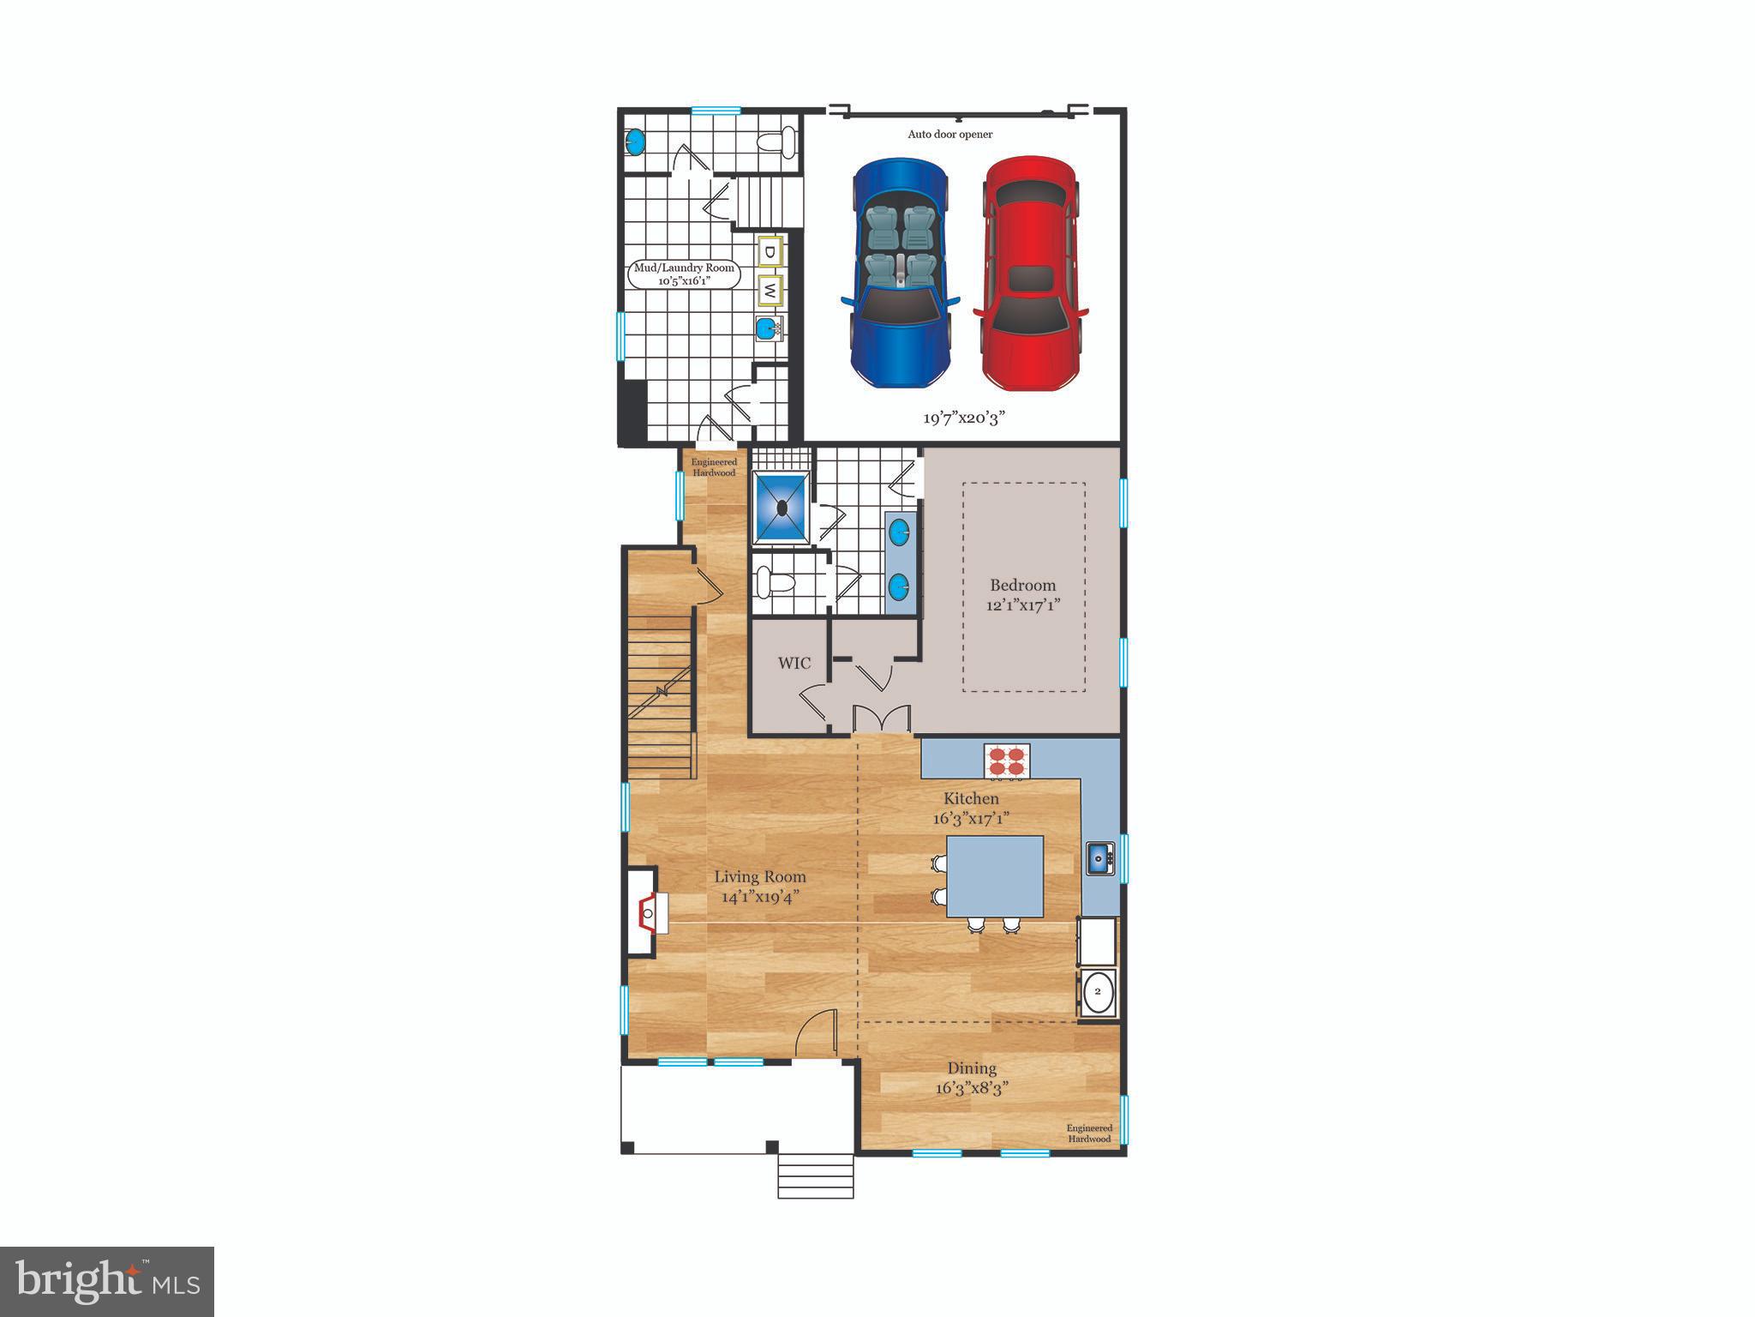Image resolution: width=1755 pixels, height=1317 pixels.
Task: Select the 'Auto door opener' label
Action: point(950,135)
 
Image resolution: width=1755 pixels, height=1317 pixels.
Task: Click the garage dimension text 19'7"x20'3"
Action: point(963,418)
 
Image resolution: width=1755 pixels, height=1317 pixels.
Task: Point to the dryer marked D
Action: point(770,251)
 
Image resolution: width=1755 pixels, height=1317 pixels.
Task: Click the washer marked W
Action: point(770,290)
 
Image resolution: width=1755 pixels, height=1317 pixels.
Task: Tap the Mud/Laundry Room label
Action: point(684,274)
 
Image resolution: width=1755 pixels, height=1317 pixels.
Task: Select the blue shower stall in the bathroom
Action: point(782,508)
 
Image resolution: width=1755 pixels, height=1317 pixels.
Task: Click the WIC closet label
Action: point(794,663)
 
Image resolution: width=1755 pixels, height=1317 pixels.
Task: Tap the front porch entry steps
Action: point(816,1176)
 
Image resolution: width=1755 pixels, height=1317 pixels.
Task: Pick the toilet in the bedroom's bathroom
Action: point(774,584)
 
